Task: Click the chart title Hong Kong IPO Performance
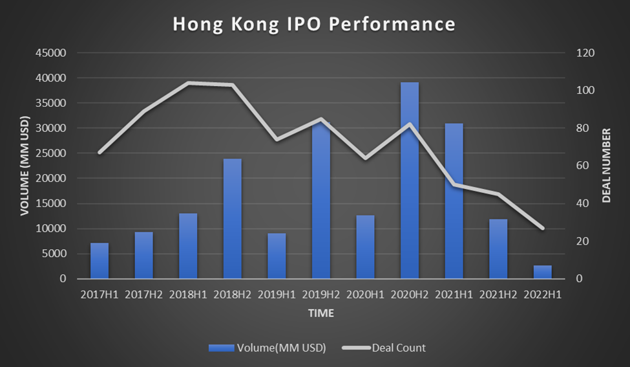coord(314,25)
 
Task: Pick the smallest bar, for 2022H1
coord(543,272)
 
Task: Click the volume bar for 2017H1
coord(100,261)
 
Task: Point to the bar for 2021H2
coord(498,249)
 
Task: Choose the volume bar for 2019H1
coord(277,256)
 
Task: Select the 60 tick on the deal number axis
coord(583,166)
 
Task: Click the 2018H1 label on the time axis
coord(188,295)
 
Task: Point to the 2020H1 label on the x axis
coord(365,295)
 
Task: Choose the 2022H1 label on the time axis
coord(543,295)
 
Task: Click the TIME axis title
coord(321,314)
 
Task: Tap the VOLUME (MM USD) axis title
coord(25,165)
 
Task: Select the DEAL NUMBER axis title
coord(606,166)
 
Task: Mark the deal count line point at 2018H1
coord(188,83)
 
